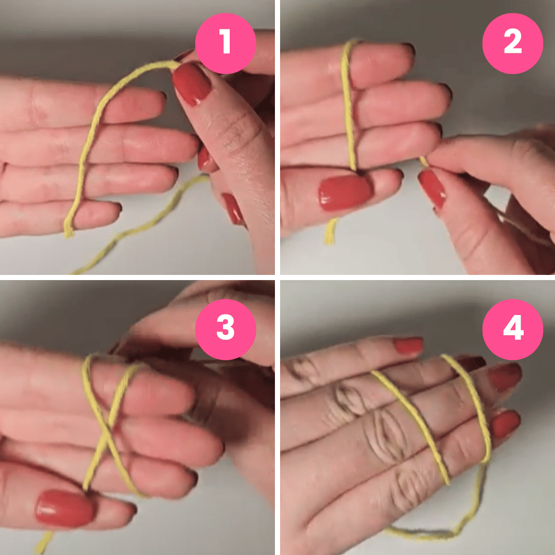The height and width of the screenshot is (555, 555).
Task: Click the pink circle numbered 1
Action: (x=225, y=43)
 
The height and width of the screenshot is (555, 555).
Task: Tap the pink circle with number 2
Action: (x=512, y=43)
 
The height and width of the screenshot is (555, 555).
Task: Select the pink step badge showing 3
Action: (x=225, y=329)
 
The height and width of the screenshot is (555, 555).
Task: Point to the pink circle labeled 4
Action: (x=512, y=329)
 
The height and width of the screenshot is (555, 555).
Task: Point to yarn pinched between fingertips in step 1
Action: (x=172, y=64)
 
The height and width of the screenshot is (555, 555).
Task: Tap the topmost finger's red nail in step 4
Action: (x=409, y=345)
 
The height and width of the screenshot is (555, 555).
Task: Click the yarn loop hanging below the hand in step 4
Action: (x=437, y=532)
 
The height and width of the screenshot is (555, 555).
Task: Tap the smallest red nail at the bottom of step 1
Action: (x=233, y=209)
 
